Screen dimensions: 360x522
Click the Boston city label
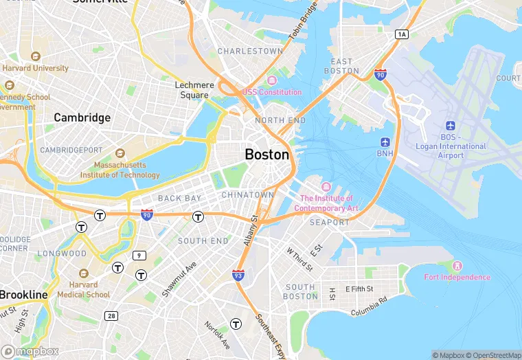pyautogui.click(x=267, y=155)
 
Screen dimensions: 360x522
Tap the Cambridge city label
pyautogui.click(x=82, y=117)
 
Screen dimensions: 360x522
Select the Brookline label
pyautogui.click(x=24, y=295)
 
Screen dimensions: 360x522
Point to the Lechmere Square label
pyautogui.click(x=194, y=90)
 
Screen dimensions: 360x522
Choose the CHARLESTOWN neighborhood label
pyautogui.click(x=250, y=52)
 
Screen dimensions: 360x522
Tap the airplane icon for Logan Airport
pyautogui.click(x=451, y=126)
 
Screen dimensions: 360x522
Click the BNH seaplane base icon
pyautogui.click(x=385, y=142)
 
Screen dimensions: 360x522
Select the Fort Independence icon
pyautogui.click(x=457, y=266)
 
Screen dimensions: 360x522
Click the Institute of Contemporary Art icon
pyautogui.click(x=326, y=187)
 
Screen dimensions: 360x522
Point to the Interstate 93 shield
pyautogui.click(x=238, y=275)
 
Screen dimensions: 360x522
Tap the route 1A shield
pyautogui.click(x=402, y=34)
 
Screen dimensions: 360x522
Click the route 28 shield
pyautogui.click(x=111, y=315)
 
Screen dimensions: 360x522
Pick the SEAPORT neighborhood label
pyautogui.click(x=329, y=223)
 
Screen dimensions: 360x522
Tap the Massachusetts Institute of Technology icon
pyautogui.click(x=120, y=154)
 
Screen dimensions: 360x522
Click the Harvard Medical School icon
pyautogui.click(x=83, y=273)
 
